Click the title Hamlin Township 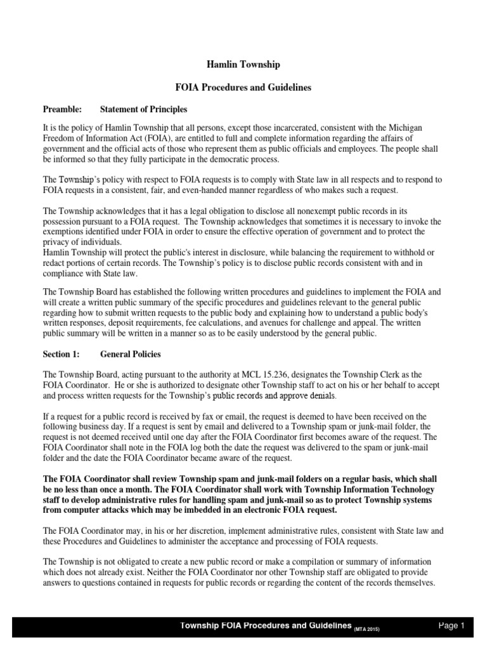tap(244, 65)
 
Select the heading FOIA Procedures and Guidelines tap(243, 88)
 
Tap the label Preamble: tap(62, 109)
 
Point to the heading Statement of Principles tap(143, 109)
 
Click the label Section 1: tap(62, 354)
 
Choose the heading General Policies tap(131, 354)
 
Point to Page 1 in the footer tap(452, 626)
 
